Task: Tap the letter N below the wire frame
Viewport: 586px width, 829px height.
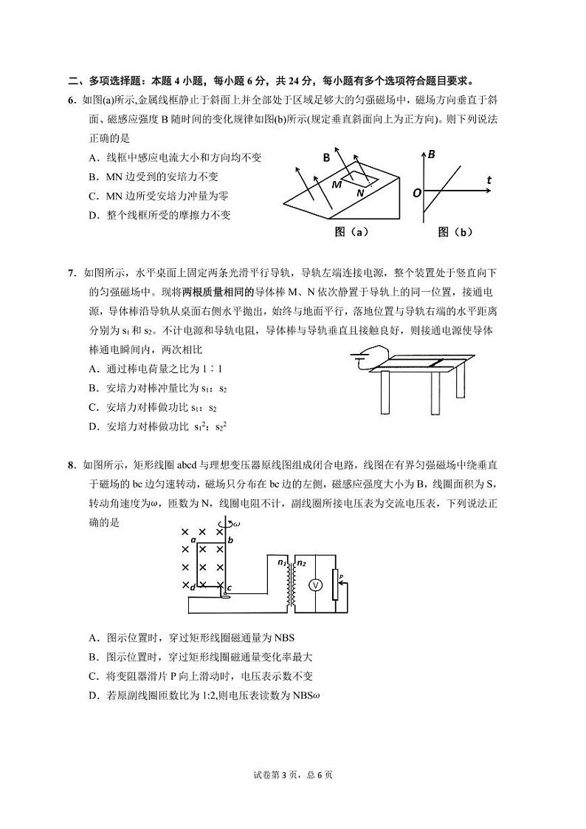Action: [359, 192]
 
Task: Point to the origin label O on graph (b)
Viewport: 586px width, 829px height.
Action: [417, 192]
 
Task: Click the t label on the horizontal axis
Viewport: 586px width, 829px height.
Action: [489, 180]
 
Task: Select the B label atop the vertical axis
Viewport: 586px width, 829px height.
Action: [432, 154]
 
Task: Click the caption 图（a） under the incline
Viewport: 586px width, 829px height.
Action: [351, 232]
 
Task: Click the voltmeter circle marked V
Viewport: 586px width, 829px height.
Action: [314, 585]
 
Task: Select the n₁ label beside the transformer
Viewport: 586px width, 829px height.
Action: [283, 563]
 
